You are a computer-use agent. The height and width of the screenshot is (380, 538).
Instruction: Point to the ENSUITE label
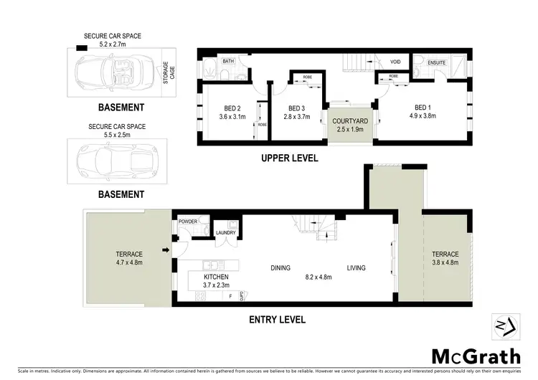coord(438,62)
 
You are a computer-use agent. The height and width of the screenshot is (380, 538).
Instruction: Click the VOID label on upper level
coord(395,62)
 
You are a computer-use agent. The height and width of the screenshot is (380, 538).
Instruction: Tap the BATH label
coord(228,62)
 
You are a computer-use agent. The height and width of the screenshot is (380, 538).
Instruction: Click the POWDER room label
coord(188,222)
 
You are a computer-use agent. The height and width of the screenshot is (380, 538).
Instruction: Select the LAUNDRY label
coord(226,232)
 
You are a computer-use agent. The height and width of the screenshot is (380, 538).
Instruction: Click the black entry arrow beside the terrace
coord(166,250)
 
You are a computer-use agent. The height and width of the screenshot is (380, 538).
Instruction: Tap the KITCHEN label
coord(216,276)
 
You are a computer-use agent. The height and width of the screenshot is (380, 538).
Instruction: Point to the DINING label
coord(280,268)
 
